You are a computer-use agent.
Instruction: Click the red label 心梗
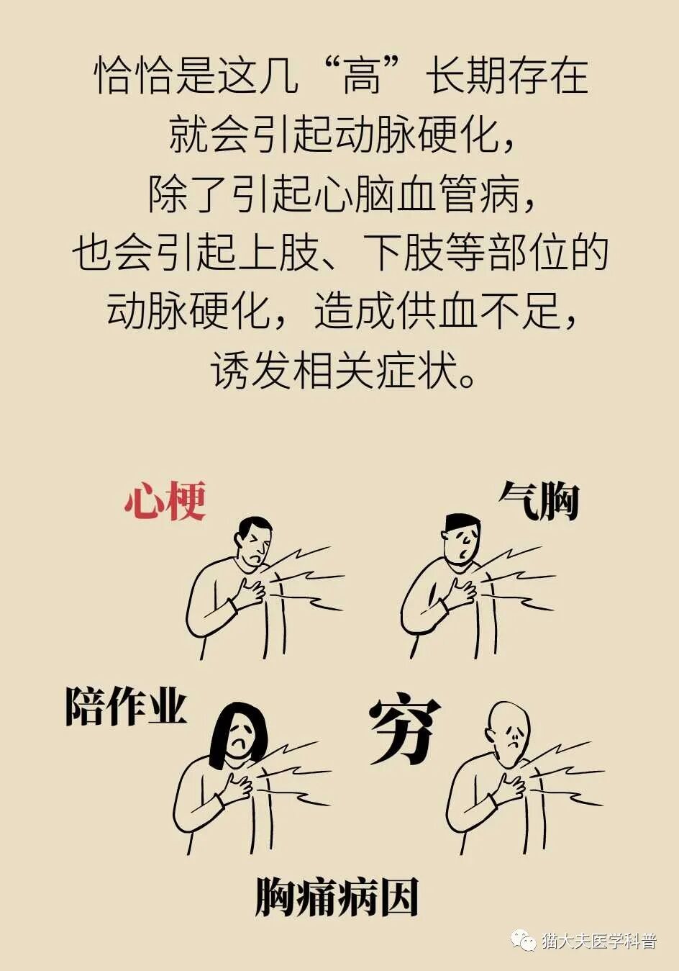click(165, 501)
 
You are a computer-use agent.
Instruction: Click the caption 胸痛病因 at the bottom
click(337, 897)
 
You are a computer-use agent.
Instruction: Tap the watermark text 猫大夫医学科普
click(598, 941)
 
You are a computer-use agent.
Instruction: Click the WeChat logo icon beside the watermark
click(523, 940)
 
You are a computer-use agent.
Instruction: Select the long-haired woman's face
click(240, 736)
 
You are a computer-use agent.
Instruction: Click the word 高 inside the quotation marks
click(361, 77)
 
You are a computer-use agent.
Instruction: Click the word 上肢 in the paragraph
click(278, 253)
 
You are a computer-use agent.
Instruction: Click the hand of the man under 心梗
click(250, 592)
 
